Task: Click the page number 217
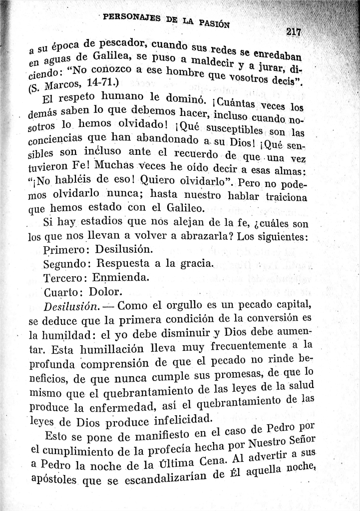click(x=293, y=32)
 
